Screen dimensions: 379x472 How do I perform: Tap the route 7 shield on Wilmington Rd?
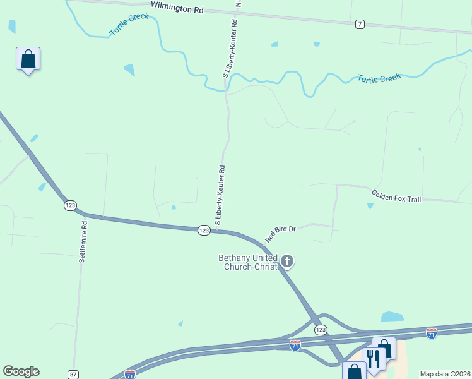tap(360, 24)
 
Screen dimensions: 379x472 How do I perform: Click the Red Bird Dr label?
tap(280, 233)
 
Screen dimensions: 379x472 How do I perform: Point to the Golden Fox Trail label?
tap(396, 196)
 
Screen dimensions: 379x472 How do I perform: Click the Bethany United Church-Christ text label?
tap(247, 262)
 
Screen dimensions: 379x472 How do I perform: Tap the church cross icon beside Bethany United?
tap(287, 261)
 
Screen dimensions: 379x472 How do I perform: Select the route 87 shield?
tap(74, 375)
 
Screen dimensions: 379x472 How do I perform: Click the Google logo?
tap(21, 371)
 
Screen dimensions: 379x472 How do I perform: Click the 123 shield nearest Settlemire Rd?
tap(70, 205)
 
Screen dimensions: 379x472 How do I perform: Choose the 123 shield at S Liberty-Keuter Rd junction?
tap(204, 231)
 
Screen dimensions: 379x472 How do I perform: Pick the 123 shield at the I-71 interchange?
tap(321, 330)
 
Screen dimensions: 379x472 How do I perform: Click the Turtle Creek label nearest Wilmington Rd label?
tap(129, 24)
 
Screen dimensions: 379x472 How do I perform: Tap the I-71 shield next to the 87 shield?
tap(130, 374)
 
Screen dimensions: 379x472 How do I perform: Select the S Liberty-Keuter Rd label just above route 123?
tap(220, 196)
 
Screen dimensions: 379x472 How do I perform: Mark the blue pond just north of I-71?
tap(392, 316)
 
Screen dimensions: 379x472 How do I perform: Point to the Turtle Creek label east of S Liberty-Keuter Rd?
tap(379, 79)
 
